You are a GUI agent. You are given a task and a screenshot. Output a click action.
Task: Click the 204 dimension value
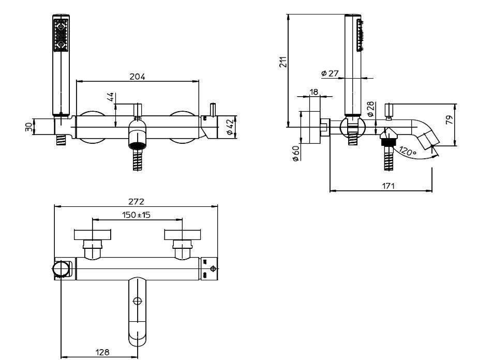[x=137, y=77]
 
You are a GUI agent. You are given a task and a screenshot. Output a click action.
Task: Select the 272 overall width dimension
[x=136, y=202]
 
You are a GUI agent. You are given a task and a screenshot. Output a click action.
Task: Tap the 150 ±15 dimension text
[x=136, y=215]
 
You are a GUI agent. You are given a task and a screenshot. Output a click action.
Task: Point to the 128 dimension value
[x=102, y=352]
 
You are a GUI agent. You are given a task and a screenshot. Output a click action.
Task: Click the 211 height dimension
[x=283, y=62]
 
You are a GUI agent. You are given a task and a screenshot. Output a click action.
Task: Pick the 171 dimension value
[x=388, y=186]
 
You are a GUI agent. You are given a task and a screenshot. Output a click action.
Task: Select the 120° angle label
[x=408, y=151]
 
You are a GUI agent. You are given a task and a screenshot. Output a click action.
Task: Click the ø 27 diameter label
[x=330, y=73]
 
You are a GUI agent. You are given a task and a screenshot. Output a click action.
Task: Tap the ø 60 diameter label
[x=296, y=153]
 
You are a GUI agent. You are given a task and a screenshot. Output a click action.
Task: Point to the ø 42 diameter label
[x=230, y=127]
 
